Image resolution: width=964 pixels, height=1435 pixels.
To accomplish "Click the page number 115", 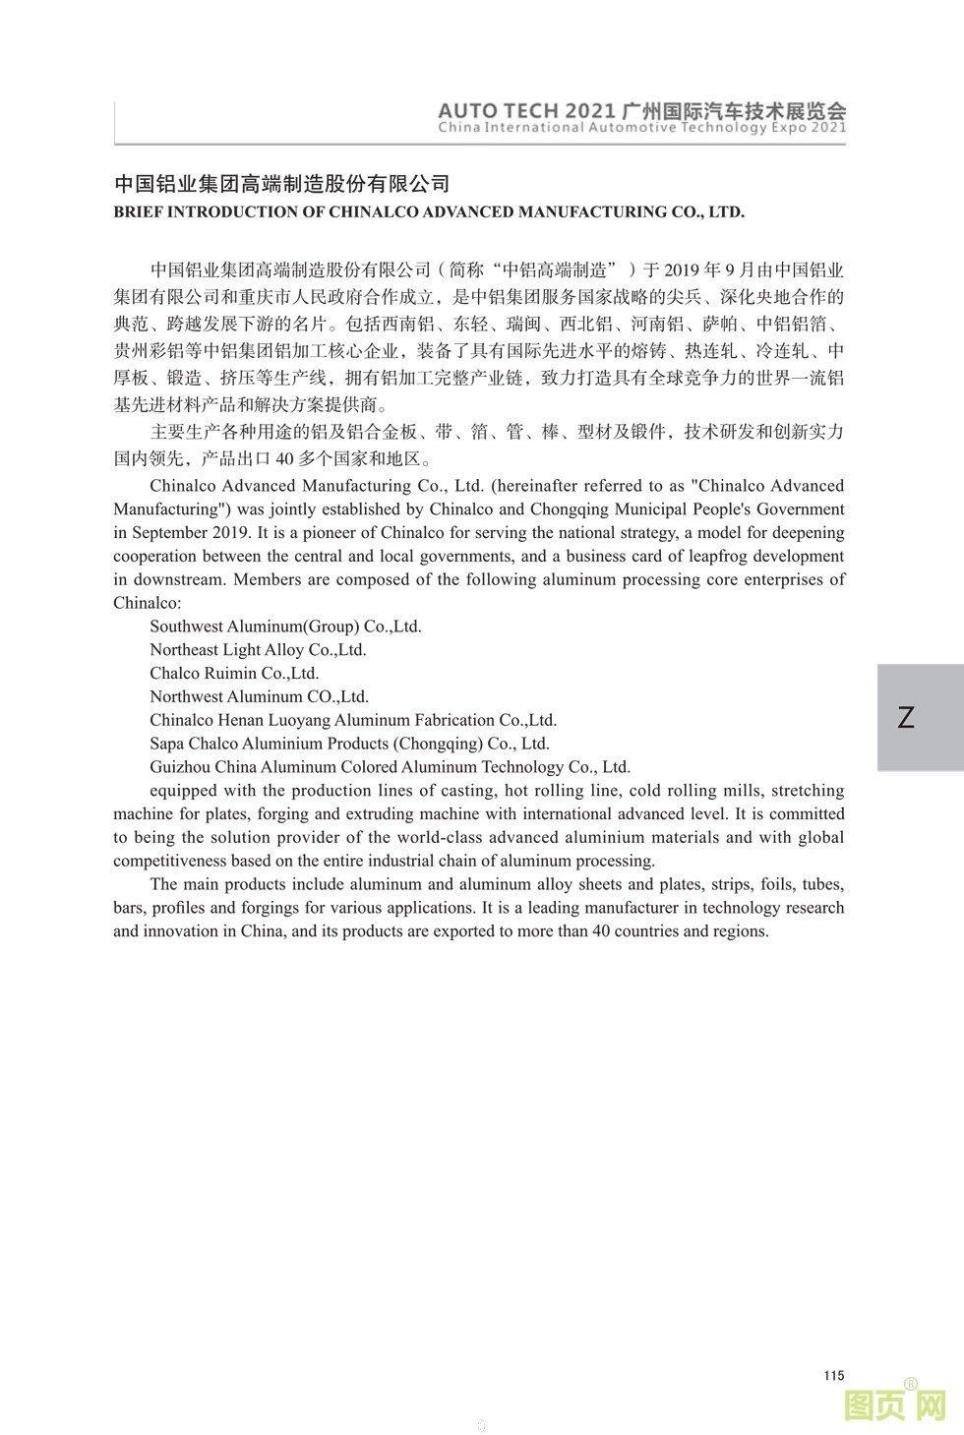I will coord(834,1375).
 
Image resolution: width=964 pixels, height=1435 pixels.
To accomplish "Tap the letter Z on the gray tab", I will coord(906,717).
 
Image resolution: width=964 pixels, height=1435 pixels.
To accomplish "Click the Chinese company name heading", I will coord(282,184).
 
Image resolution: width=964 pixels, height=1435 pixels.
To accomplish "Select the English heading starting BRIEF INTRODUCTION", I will coord(429,211).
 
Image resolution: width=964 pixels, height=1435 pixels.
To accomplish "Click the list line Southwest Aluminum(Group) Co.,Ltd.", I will coord(285,627).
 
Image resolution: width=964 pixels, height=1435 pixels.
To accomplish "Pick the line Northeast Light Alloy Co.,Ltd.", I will coord(258,650).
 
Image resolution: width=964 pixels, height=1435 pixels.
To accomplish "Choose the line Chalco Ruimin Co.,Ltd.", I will coord(234,674).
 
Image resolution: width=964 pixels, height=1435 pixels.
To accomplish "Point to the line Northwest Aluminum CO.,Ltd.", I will coord(259,697).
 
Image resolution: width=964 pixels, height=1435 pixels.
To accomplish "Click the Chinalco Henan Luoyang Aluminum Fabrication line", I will coord(353,720).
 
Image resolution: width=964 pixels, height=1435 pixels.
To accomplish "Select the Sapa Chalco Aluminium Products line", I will coord(349,744).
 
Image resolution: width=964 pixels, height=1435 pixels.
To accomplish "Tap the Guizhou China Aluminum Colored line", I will coord(390,767).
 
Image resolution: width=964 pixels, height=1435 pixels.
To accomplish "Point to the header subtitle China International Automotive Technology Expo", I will coord(641,128).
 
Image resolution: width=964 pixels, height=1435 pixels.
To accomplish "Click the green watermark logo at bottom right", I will coord(895,1405).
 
